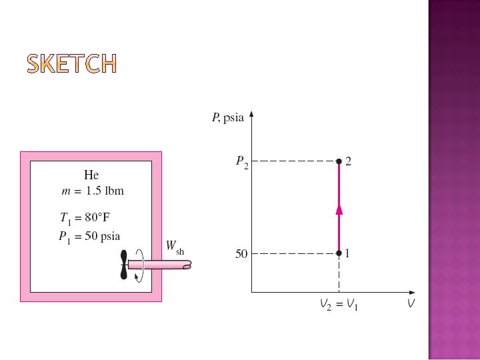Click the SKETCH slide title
point(72,63)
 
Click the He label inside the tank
point(91,175)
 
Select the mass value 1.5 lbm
point(105,191)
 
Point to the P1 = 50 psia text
point(89,237)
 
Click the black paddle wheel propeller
point(123,265)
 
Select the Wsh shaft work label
point(175,248)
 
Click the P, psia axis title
point(228,118)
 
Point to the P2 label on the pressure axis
point(242,162)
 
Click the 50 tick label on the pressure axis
point(241,254)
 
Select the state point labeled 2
point(339,161)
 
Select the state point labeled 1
point(339,253)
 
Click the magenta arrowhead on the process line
point(339,209)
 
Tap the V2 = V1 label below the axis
point(339,305)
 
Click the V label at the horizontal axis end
point(412,304)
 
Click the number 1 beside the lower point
point(348,253)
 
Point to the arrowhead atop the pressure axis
point(251,115)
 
